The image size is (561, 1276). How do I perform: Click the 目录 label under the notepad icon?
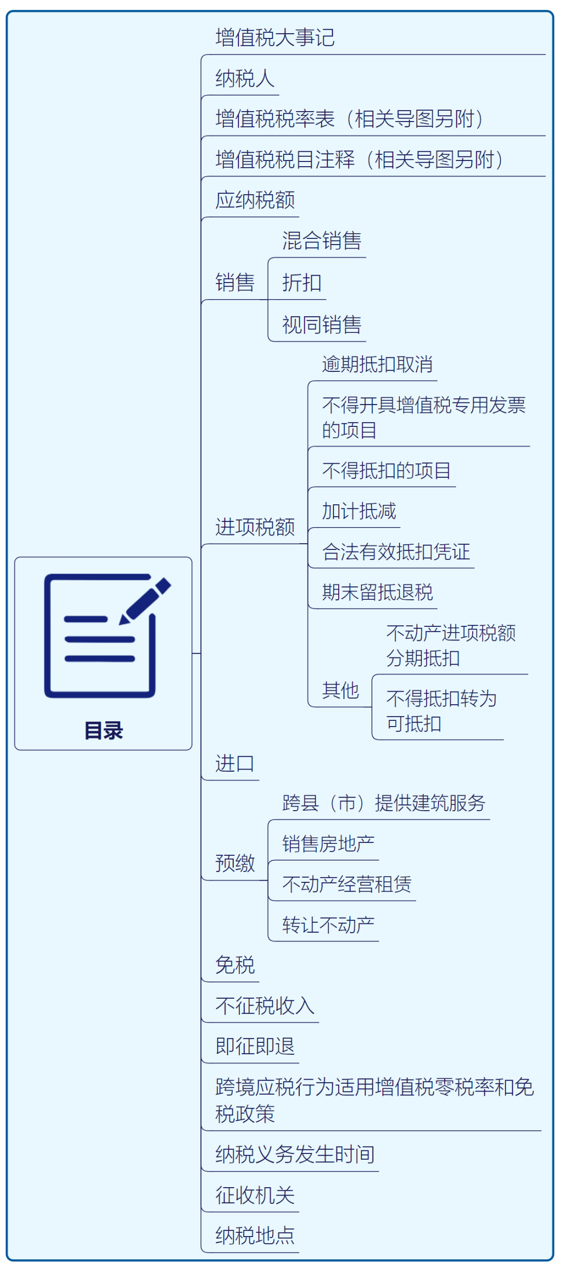(104, 730)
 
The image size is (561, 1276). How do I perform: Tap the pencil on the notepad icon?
(145, 600)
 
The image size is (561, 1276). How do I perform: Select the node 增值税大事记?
(275, 38)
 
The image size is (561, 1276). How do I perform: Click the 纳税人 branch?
(245, 78)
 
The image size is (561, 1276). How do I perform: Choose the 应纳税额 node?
(255, 200)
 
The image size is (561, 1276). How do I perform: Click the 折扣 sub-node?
(302, 283)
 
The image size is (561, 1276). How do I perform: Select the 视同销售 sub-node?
(322, 325)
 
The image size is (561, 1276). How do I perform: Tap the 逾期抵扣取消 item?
(377, 364)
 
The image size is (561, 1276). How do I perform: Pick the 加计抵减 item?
(359, 511)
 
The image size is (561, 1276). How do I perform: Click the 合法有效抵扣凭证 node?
(396, 552)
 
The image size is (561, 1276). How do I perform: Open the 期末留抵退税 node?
(377, 592)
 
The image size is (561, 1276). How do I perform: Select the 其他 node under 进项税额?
(340, 690)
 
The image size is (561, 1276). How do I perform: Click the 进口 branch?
(235, 763)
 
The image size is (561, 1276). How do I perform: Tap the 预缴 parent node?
(235, 863)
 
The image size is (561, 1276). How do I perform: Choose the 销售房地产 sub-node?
(328, 844)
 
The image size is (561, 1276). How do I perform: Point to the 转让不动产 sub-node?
(328, 925)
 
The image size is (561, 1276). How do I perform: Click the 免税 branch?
(235, 965)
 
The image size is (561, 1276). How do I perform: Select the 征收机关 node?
(255, 1196)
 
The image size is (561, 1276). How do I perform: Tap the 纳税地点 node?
(255, 1236)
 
